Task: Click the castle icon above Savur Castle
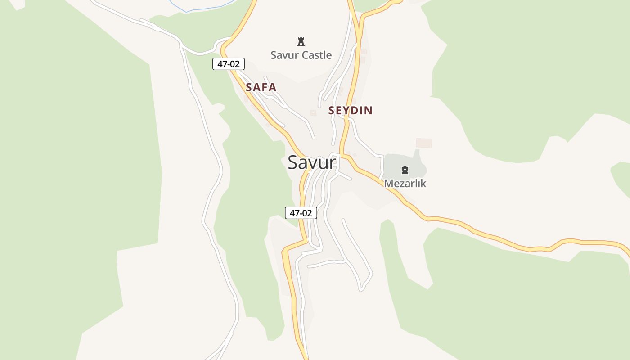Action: click(301, 42)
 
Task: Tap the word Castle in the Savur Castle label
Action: click(316, 55)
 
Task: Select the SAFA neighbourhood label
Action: click(261, 87)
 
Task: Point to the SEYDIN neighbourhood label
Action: click(351, 111)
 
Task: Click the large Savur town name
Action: click(311, 162)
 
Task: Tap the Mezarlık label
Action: click(405, 184)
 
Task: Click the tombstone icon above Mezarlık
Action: click(405, 170)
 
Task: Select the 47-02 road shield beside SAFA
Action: click(229, 64)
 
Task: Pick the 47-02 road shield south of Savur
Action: click(301, 213)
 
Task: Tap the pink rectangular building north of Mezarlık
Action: click(423, 143)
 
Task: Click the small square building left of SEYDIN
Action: click(313, 112)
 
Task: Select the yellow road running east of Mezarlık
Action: click(495, 237)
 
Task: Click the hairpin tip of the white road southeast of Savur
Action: click(361, 289)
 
